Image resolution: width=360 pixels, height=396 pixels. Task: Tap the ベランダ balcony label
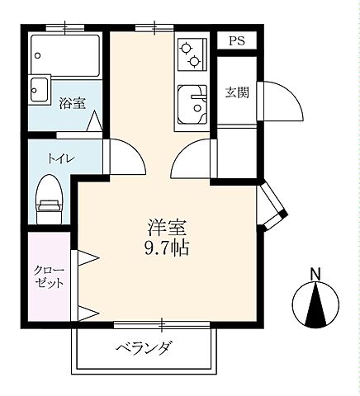[144, 346]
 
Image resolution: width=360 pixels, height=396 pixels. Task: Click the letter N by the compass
[315, 274]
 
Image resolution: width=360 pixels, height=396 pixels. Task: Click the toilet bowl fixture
[50, 199]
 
